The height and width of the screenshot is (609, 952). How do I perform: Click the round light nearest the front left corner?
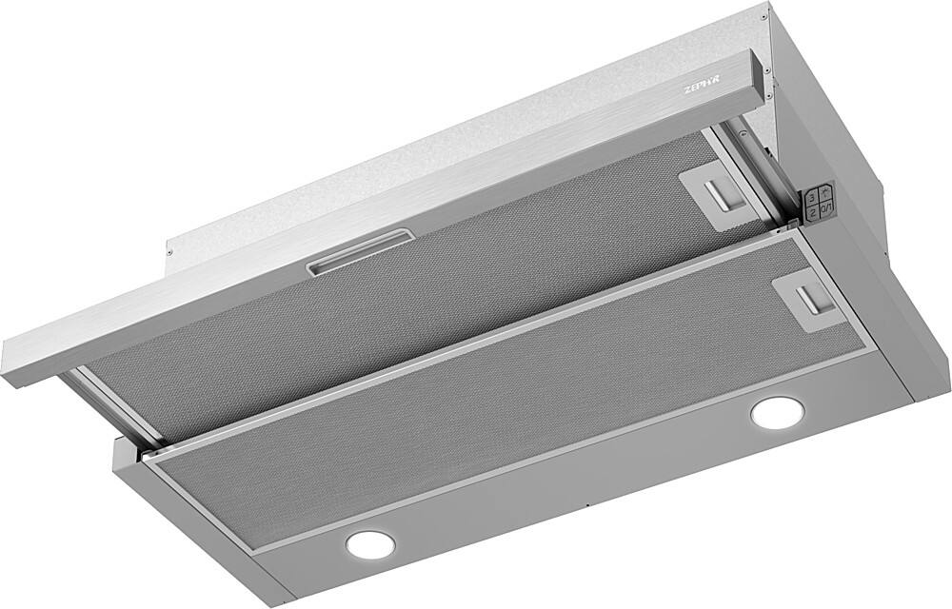coord(370,543)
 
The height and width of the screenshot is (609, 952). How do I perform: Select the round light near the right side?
coord(776,413)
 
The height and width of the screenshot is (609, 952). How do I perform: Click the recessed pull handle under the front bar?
coord(357,256)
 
